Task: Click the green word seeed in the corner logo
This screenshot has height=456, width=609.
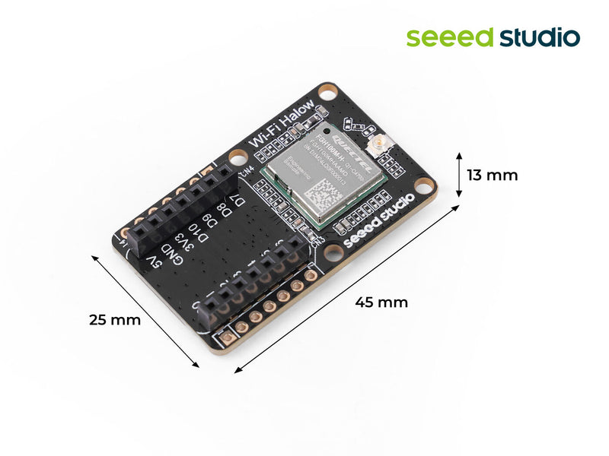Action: coord(449,36)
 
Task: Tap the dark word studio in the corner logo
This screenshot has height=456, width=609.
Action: coord(540,36)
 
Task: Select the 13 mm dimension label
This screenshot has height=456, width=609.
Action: coord(492,175)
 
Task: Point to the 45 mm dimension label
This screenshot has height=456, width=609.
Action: coord(381,302)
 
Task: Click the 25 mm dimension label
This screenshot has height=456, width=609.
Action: coord(115,320)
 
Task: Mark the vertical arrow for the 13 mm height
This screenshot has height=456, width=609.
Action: coord(460,173)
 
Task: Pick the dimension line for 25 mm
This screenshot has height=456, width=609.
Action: coord(145,312)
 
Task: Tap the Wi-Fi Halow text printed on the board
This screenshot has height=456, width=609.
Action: coord(282,125)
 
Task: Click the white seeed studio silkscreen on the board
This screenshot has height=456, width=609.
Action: coord(379,220)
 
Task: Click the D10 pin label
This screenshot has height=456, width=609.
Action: coord(193,231)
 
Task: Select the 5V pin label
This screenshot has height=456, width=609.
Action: coord(154,262)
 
